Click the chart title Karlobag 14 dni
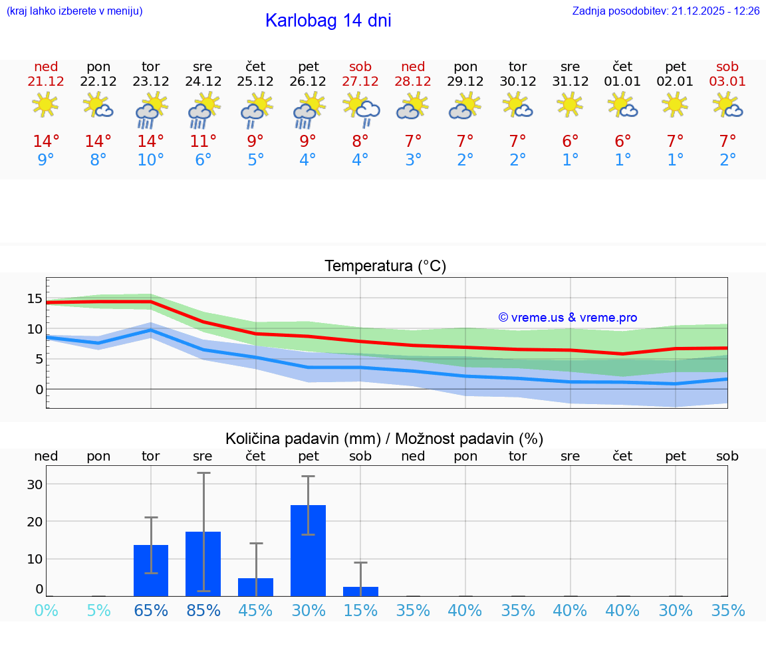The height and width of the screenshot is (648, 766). [328, 21]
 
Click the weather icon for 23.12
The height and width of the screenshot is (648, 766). [151, 110]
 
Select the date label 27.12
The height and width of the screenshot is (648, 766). [360, 82]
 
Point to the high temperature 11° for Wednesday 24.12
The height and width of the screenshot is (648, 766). [203, 142]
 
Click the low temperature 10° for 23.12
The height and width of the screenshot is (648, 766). [151, 160]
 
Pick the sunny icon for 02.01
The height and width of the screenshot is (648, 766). [676, 104]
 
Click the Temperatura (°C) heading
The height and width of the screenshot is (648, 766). [385, 267]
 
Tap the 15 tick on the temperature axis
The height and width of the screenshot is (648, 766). [35, 298]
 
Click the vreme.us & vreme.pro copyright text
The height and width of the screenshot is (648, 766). [567, 318]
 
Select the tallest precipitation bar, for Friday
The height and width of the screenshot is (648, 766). [309, 550]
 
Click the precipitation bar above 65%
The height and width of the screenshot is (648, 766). [151, 570]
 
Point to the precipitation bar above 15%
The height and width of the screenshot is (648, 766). [360, 592]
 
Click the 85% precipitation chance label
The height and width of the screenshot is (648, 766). [203, 611]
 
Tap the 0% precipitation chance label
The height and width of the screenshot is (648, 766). [46, 611]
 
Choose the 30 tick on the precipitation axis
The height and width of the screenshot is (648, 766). [35, 484]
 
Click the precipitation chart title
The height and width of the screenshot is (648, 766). [384, 439]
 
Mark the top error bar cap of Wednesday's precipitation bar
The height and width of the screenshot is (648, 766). [203, 473]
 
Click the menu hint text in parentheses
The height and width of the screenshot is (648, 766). [74, 11]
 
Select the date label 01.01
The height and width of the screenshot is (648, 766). [622, 82]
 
